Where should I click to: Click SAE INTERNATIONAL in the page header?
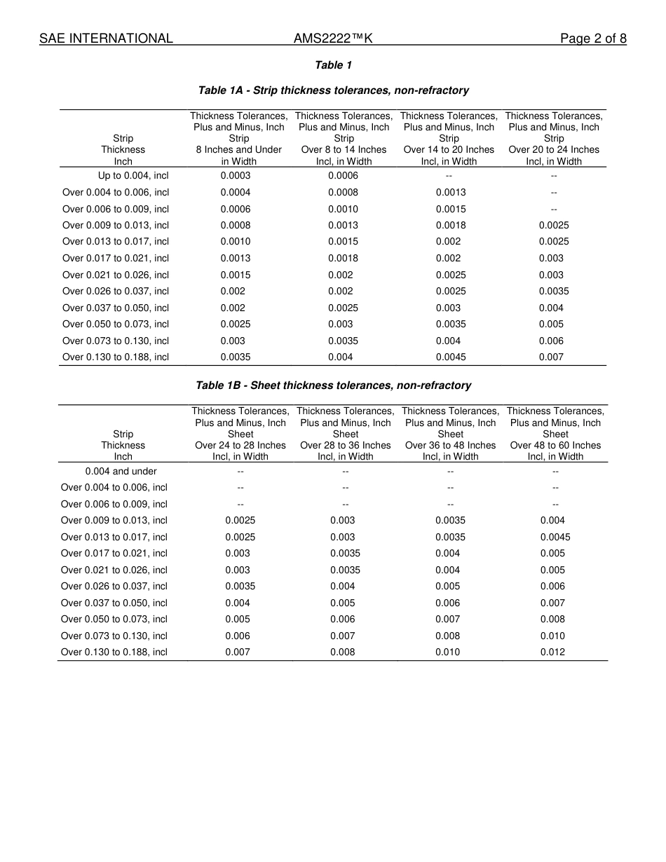pyautogui.click(x=106, y=39)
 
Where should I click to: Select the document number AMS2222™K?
pyautogui.click(x=333, y=39)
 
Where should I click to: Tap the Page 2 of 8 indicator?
pyautogui.click(x=593, y=39)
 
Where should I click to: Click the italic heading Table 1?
pyautogui.click(x=333, y=65)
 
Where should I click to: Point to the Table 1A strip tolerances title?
pyautogui.click(x=333, y=90)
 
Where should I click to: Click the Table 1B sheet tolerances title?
pyautogui.click(x=333, y=385)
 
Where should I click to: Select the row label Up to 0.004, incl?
pyautogui.click(x=133, y=176)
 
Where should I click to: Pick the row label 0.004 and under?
pyautogui.click(x=121, y=472)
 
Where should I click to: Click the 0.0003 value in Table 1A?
pyautogui.click(x=236, y=176)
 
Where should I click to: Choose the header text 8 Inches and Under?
pyautogui.click(x=238, y=149)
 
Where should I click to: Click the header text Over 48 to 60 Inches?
pyautogui.click(x=555, y=445)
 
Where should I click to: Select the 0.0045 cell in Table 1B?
pyautogui.click(x=555, y=537)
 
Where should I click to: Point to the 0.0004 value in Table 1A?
pyautogui.click(x=236, y=192)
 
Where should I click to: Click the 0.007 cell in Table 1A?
pyautogui.click(x=551, y=357)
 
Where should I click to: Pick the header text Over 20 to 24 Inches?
pyautogui.click(x=554, y=149)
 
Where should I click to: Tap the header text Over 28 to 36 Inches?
pyautogui.click(x=346, y=445)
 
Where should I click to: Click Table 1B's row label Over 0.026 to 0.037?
pyautogui.click(x=114, y=586)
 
